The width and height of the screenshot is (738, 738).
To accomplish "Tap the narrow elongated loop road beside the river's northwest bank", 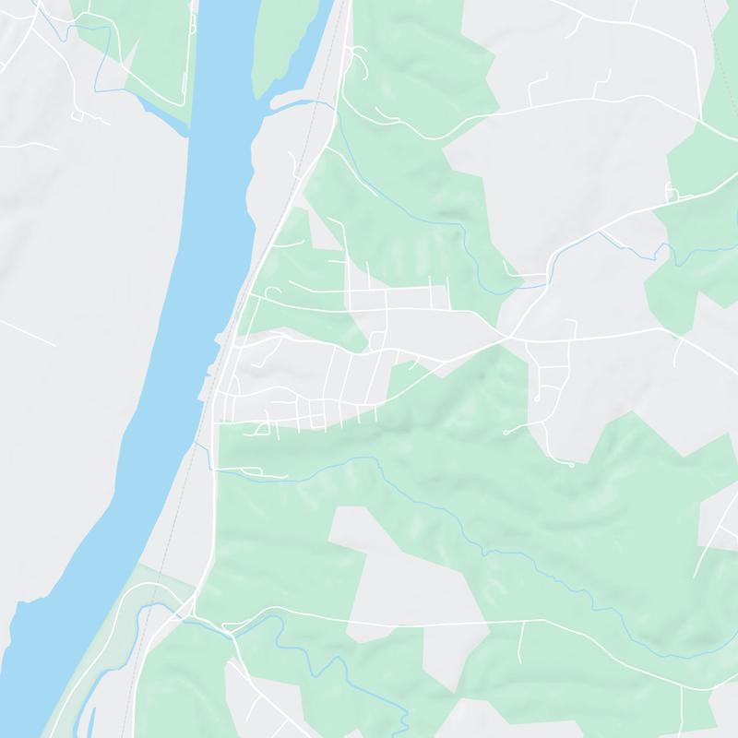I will pos(194,37).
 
